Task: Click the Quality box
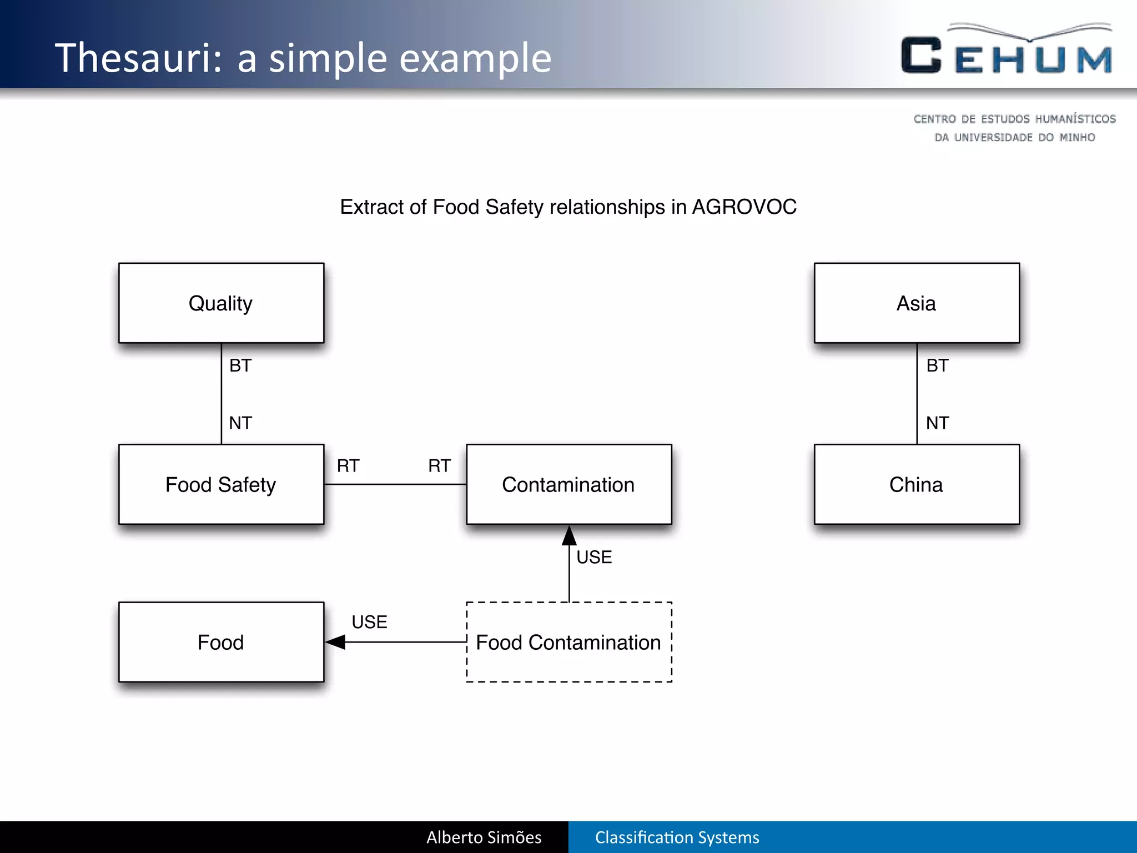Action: pos(221,303)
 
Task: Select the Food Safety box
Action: pos(221,484)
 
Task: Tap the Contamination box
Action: pos(568,484)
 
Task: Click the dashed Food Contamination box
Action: pos(568,642)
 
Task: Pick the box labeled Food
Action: pos(221,642)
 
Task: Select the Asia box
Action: pos(916,303)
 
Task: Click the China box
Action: pos(916,484)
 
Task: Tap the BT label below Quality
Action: pos(240,365)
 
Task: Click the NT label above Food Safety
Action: pos(240,423)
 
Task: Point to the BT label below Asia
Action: pos(937,365)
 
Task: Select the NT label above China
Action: pos(937,423)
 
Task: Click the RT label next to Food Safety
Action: pos(348,465)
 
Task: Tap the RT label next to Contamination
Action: pos(439,465)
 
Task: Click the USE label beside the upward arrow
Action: pos(594,557)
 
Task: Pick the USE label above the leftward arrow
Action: pos(369,622)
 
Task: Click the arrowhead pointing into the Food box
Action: pos(336,642)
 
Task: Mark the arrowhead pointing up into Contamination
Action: pos(569,536)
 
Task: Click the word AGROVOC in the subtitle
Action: pos(744,207)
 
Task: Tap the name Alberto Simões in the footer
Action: pos(484,837)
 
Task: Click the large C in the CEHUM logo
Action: pos(921,56)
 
